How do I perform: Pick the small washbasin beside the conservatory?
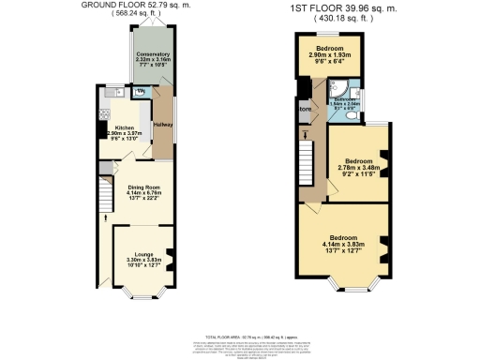click(138, 91)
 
